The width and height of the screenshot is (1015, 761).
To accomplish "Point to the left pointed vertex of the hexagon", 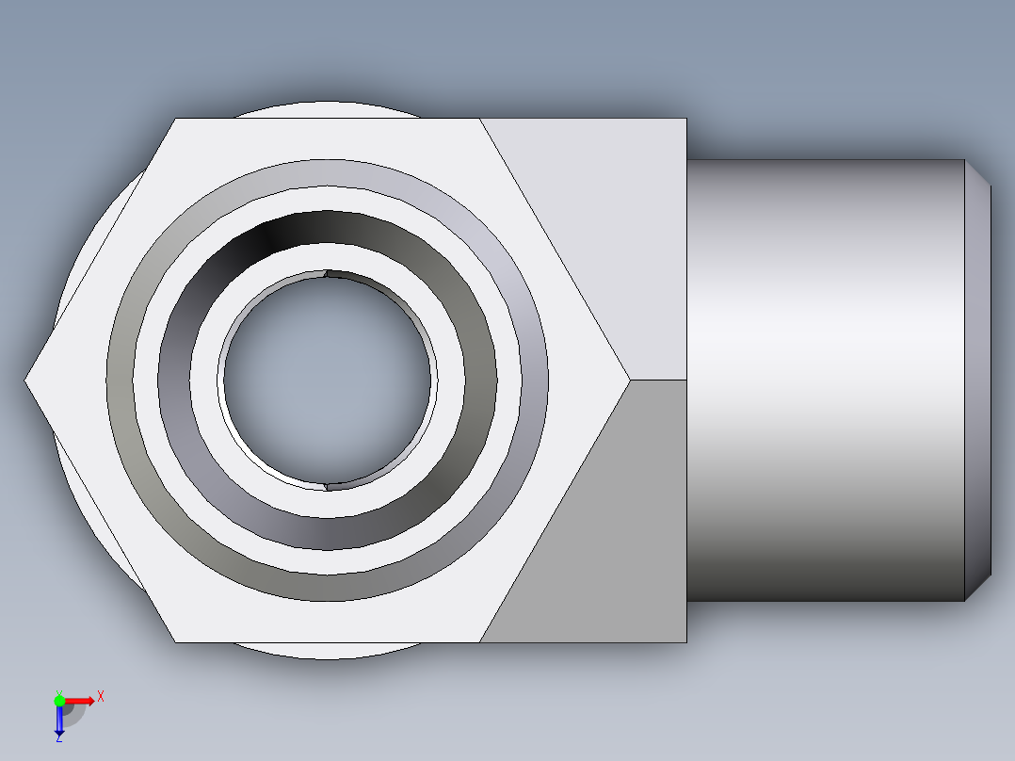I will (x=26, y=380).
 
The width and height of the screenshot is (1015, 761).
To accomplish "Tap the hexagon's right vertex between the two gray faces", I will (x=629, y=380).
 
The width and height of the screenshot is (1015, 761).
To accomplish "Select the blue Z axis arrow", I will (x=59, y=721).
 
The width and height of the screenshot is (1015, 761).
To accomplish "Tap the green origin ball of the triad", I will (x=59, y=700).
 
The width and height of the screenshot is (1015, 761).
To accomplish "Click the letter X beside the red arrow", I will (x=101, y=697).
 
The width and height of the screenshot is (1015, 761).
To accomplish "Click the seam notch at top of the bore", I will (x=326, y=274).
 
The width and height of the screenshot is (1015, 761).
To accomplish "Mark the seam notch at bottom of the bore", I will (x=327, y=487).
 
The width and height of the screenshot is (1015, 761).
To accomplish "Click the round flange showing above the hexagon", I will (x=325, y=108).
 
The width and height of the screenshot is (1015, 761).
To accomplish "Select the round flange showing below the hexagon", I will (x=325, y=651).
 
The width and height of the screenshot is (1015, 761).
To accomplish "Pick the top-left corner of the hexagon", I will (x=176, y=119).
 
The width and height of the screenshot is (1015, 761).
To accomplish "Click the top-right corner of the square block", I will (x=685, y=119).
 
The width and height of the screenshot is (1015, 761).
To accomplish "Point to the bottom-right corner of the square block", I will (x=685, y=642).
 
